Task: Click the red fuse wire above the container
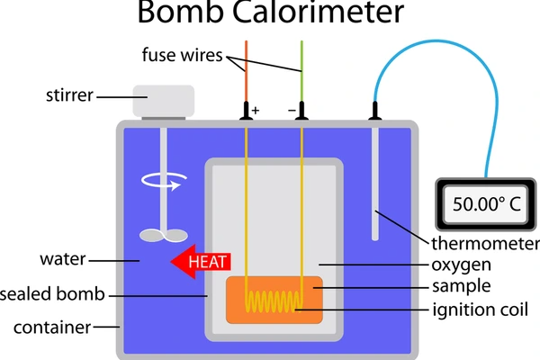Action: pyautogui.click(x=246, y=72)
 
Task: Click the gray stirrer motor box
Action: pyautogui.click(x=163, y=99)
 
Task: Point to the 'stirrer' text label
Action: pyautogui.click(x=69, y=94)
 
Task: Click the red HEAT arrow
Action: pyautogui.click(x=202, y=262)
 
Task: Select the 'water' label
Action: pyautogui.click(x=62, y=260)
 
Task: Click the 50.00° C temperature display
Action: pyautogui.click(x=487, y=203)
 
